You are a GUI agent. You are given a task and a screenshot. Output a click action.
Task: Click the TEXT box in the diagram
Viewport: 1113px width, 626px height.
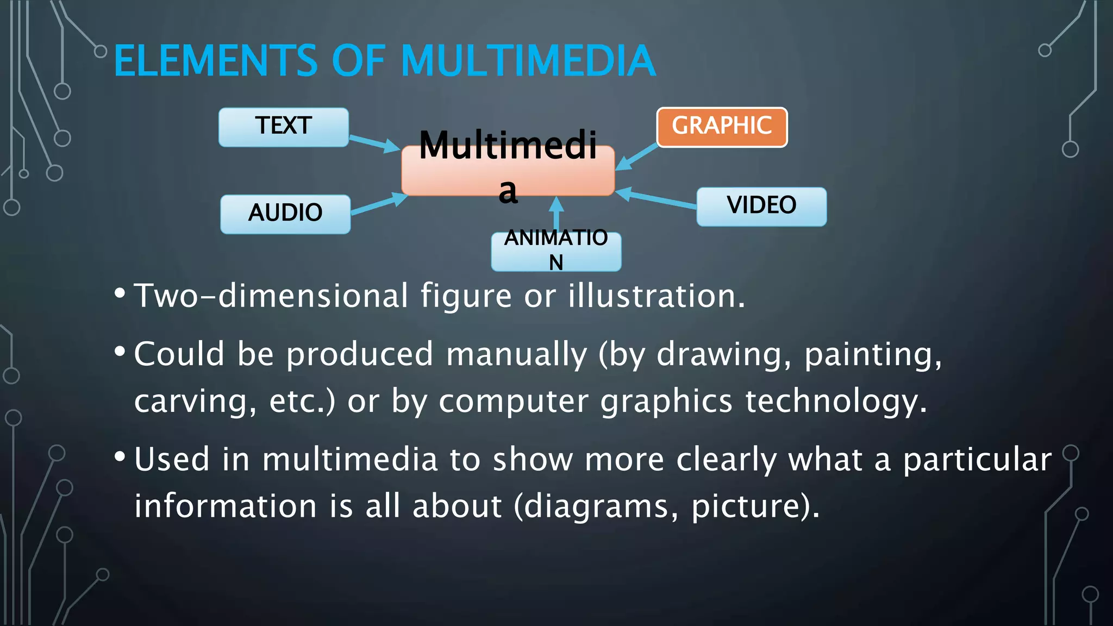tap(283, 127)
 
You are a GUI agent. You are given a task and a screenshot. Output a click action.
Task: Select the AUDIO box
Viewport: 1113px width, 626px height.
tap(285, 214)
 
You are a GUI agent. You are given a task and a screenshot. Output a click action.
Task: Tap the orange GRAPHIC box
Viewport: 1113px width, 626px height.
tap(722, 127)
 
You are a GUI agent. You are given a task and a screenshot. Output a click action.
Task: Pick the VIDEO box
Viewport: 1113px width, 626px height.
tap(761, 206)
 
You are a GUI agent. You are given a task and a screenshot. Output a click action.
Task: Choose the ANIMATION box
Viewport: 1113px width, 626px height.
tap(556, 251)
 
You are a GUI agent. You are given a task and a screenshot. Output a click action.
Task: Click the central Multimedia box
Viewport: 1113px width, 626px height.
tap(508, 170)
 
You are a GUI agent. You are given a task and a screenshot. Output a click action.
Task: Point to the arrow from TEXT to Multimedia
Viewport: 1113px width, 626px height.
tap(374, 142)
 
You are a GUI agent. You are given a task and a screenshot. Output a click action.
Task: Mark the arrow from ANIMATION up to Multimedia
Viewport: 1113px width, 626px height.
tap(556, 214)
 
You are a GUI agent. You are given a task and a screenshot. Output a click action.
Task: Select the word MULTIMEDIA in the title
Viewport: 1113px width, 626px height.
tap(528, 61)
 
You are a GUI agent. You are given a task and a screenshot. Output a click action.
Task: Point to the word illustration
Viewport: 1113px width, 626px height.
tap(656, 296)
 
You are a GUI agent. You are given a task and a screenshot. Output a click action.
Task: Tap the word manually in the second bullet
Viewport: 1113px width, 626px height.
tap(517, 355)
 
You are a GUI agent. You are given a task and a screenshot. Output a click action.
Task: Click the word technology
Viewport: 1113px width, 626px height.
tap(835, 402)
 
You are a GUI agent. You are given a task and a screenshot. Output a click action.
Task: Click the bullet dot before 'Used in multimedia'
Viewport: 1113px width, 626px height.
tap(120, 456)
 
